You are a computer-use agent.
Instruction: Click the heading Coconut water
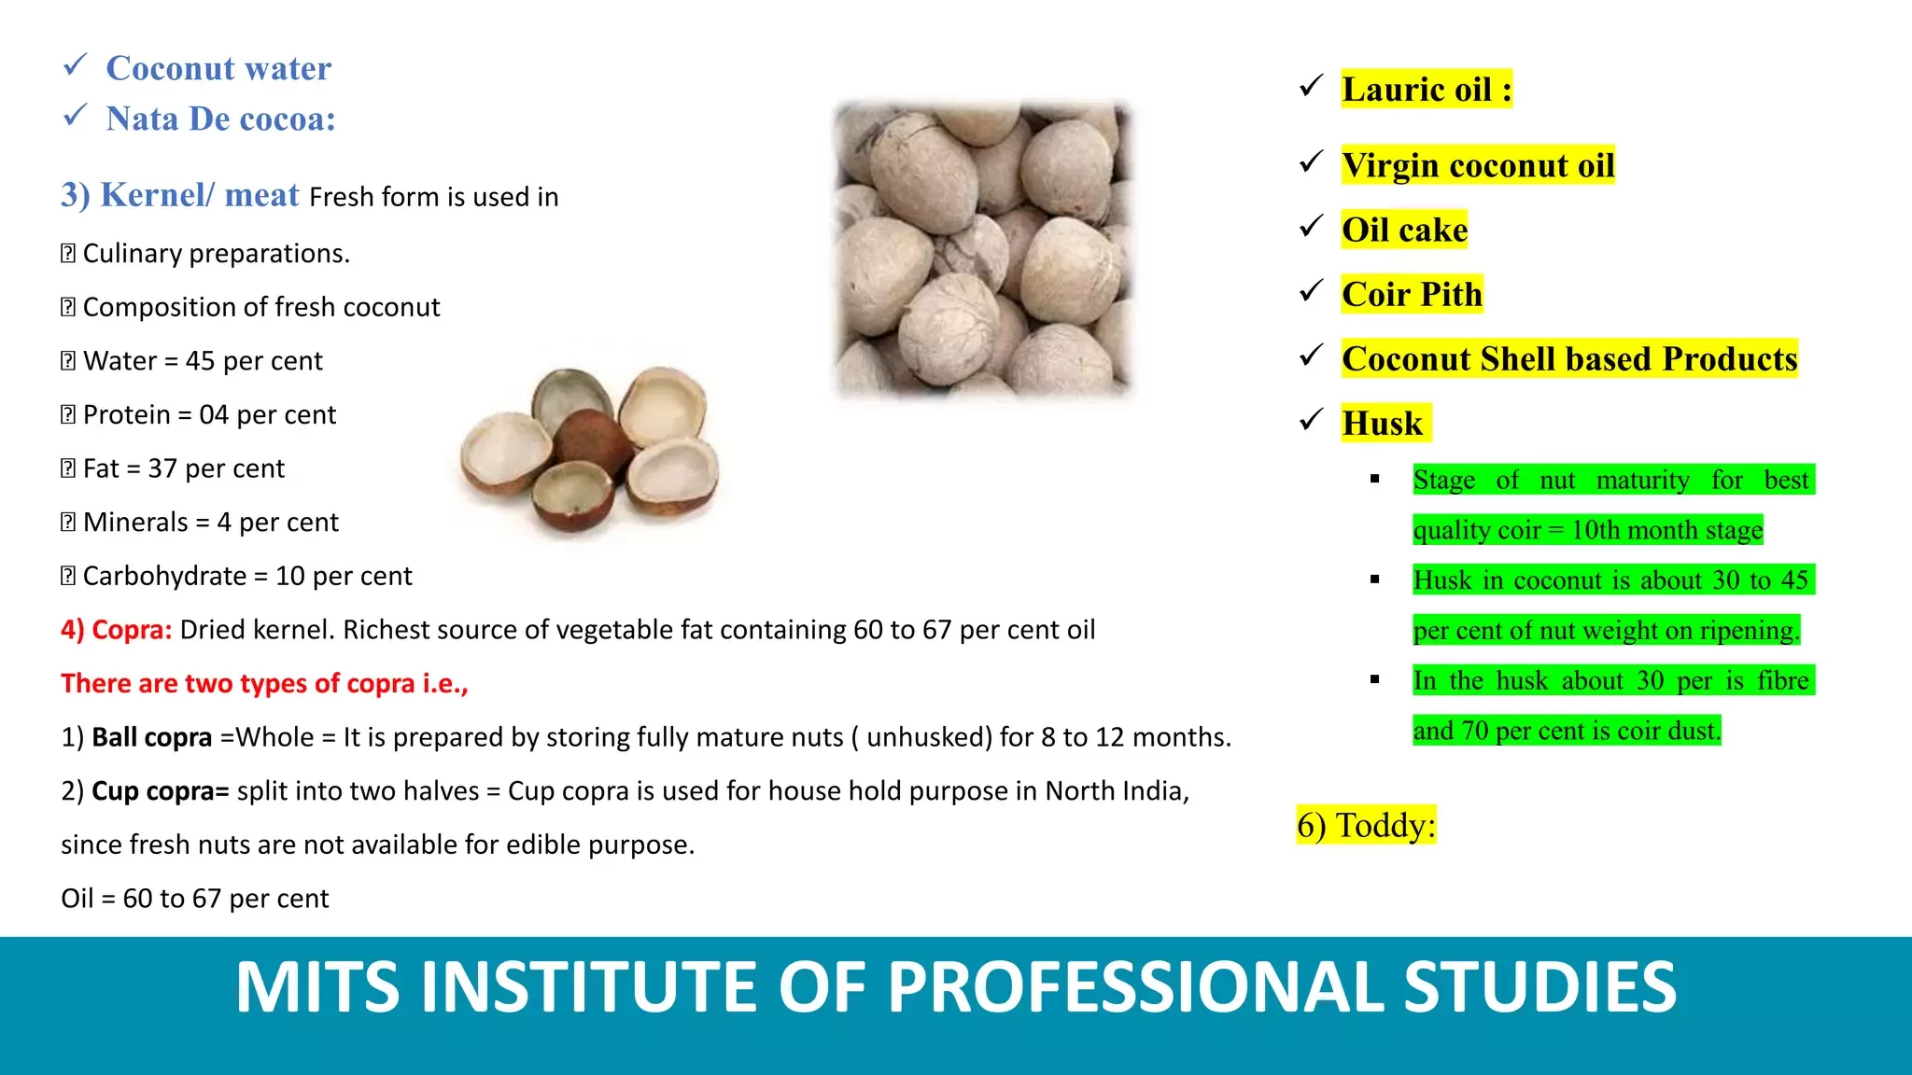[218, 68]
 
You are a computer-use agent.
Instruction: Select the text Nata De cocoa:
[220, 119]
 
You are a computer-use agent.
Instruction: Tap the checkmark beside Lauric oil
[1311, 87]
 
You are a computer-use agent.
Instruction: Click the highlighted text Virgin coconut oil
[1478, 165]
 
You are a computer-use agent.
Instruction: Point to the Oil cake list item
[1404, 230]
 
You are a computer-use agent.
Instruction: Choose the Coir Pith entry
[1412, 294]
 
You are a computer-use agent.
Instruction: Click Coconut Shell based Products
[1569, 358]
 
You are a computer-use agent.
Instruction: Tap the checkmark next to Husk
[1311, 420]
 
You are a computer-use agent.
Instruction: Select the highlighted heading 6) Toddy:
[1366, 825]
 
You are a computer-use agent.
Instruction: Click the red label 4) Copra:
[117, 630]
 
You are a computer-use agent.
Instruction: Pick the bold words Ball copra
[152, 737]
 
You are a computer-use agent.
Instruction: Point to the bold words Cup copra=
[161, 791]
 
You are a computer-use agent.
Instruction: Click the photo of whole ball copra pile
[983, 250]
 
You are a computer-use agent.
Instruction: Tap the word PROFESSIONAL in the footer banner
[1137, 987]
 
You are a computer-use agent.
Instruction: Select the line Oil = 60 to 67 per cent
[195, 899]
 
